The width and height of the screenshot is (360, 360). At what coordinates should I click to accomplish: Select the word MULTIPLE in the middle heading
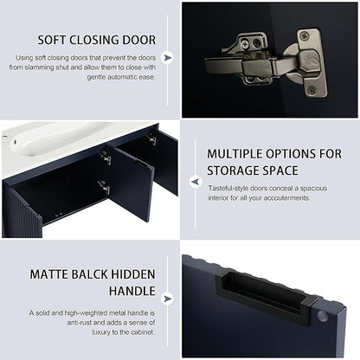tap(235, 154)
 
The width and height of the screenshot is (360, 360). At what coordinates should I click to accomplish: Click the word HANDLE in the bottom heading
tap(132, 291)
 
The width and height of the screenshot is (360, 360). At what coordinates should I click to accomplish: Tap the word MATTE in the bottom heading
tap(48, 274)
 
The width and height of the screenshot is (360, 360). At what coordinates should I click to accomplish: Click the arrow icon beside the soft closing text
tap(167, 58)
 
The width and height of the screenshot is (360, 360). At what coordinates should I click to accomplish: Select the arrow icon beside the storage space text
tap(196, 182)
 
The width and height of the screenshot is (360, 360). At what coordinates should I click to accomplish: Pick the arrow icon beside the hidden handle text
tap(167, 299)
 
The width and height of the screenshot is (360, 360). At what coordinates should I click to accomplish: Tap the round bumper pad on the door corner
tap(322, 316)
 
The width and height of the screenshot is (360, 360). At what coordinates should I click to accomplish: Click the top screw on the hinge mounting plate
tap(305, 36)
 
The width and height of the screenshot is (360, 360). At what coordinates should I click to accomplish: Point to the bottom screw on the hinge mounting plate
tap(312, 90)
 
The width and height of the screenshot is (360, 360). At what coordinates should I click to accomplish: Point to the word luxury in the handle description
tap(101, 332)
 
